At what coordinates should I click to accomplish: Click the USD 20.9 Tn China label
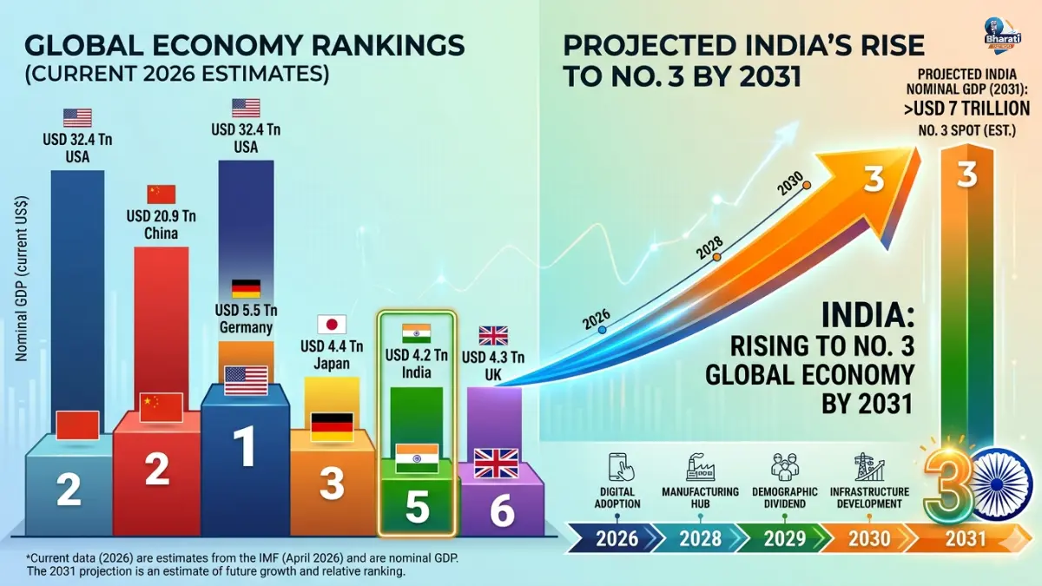pyautogui.click(x=161, y=224)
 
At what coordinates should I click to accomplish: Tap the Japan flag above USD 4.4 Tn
pyautogui.click(x=332, y=325)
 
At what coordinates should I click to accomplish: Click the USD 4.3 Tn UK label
pyautogui.click(x=493, y=365)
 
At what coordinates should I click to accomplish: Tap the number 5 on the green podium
pyautogui.click(x=418, y=509)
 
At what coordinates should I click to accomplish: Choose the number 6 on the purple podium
pyautogui.click(x=501, y=511)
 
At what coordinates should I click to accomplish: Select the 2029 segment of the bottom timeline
pyautogui.click(x=784, y=538)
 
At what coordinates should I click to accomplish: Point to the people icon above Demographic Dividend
pyautogui.click(x=784, y=467)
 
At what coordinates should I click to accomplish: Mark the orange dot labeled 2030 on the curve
pyautogui.click(x=807, y=185)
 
